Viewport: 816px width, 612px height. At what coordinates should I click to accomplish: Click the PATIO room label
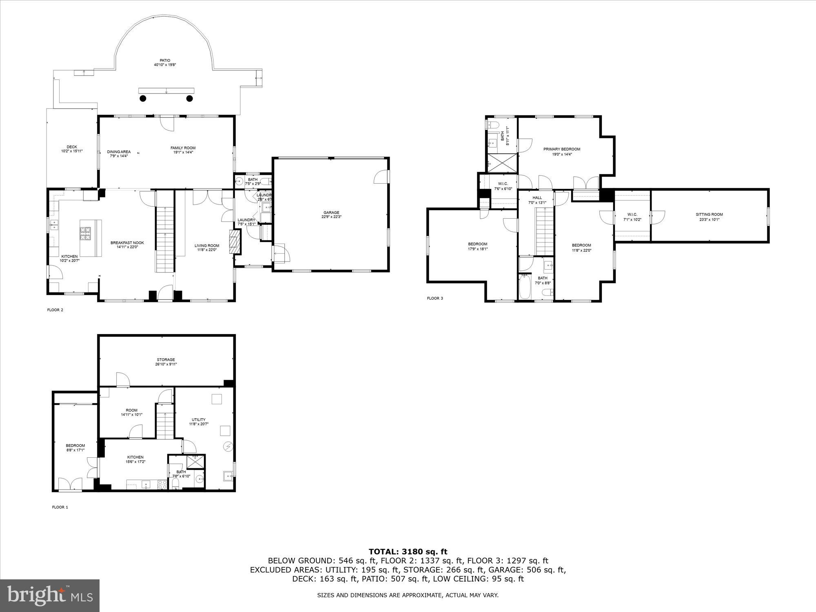click(165, 60)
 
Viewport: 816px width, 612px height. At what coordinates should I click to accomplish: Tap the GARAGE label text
click(331, 213)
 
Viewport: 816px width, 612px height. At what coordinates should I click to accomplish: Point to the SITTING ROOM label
click(709, 214)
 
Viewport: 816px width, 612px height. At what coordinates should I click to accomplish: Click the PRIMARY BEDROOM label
click(561, 149)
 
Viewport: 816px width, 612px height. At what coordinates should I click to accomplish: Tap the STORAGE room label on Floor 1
click(166, 360)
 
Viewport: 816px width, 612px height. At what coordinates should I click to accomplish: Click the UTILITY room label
click(199, 419)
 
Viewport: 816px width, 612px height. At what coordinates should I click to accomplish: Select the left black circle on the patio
click(143, 98)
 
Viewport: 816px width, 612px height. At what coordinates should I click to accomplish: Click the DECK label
click(72, 147)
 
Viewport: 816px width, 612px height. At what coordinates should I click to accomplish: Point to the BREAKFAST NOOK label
click(127, 243)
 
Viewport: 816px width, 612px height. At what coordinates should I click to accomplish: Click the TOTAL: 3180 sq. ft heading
click(408, 552)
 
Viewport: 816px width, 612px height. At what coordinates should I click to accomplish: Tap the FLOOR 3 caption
click(435, 298)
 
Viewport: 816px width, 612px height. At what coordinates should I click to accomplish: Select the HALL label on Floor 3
click(537, 197)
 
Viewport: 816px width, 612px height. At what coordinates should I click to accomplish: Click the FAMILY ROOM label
click(183, 148)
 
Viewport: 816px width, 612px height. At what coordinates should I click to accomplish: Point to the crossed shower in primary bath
click(502, 163)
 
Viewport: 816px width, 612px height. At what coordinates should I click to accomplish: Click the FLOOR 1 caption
click(60, 507)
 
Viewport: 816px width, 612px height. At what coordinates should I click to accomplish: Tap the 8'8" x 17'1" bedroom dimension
click(75, 450)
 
